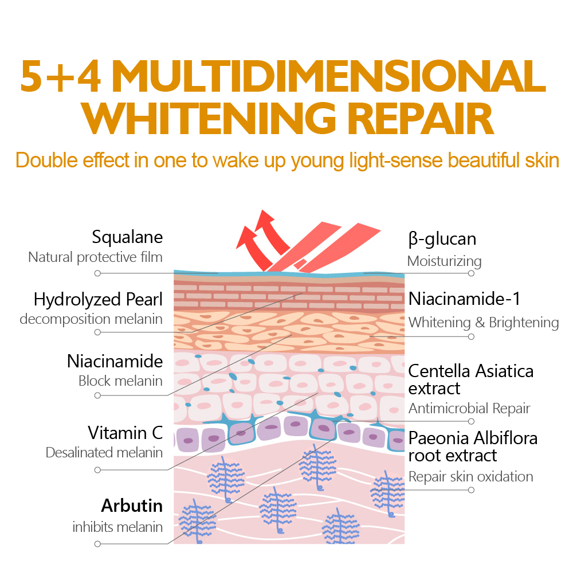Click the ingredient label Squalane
coord(127,237)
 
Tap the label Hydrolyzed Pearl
coord(98,299)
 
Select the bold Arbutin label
coord(132,505)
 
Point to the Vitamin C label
coord(125,433)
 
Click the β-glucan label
coord(442,240)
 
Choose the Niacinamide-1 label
coord(464,299)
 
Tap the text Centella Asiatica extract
coord(470,379)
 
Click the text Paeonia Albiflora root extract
coord(473,447)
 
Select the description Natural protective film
coord(96,257)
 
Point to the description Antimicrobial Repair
coord(469,409)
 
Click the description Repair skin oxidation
coord(470,477)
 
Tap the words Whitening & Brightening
coord(484,323)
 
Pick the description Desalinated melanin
coord(104,452)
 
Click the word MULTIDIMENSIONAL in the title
coord(328,76)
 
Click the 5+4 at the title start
coord(60,76)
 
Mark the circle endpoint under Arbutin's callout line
coord(97,544)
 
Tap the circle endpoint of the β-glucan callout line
coord(471,273)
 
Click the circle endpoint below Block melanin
coord(97,395)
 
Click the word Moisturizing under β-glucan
coord(444,261)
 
